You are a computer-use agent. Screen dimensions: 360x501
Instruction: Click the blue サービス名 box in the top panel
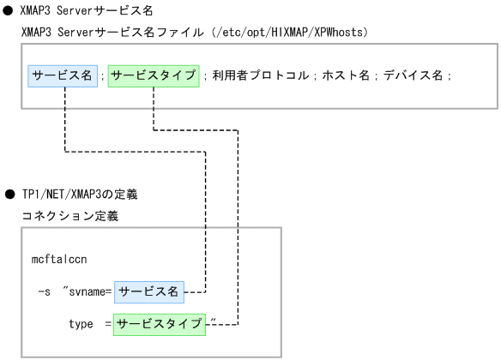coord(62,76)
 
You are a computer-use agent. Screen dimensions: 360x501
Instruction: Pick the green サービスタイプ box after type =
coord(163,324)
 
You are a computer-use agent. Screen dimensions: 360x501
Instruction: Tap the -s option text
coord(44,292)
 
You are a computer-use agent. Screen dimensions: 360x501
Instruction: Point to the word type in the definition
coord(81,325)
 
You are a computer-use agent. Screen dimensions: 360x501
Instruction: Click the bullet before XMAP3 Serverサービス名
coord(9,9)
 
